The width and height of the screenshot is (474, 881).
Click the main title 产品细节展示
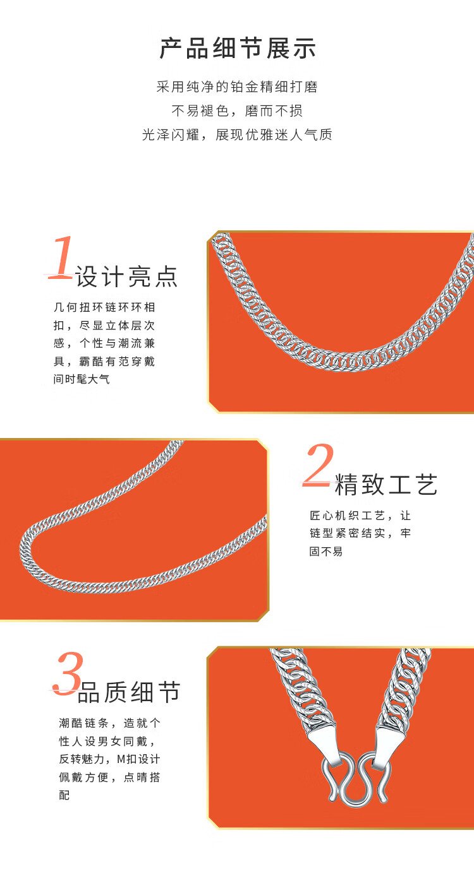[x=237, y=49]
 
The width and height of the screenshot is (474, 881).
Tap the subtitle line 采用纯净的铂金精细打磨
[x=237, y=86]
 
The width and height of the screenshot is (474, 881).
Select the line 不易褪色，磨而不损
[x=237, y=111]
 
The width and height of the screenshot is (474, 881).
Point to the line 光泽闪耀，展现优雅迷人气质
[x=237, y=135]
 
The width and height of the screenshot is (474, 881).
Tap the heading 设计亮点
[x=127, y=276]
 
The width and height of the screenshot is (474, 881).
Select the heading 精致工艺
[x=386, y=484]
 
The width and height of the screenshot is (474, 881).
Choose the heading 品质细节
[x=129, y=692]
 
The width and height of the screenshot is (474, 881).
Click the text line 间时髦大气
[x=82, y=379]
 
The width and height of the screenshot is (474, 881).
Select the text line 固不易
[x=326, y=552]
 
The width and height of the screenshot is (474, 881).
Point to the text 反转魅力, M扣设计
[x=110, y=759]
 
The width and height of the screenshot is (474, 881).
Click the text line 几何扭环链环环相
[x=104, y=307]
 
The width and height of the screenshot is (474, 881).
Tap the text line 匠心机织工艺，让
[x=360, y=515]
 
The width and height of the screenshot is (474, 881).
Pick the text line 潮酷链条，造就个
[x=110, y=723]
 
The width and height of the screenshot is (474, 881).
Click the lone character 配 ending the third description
[x=64, y=795]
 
